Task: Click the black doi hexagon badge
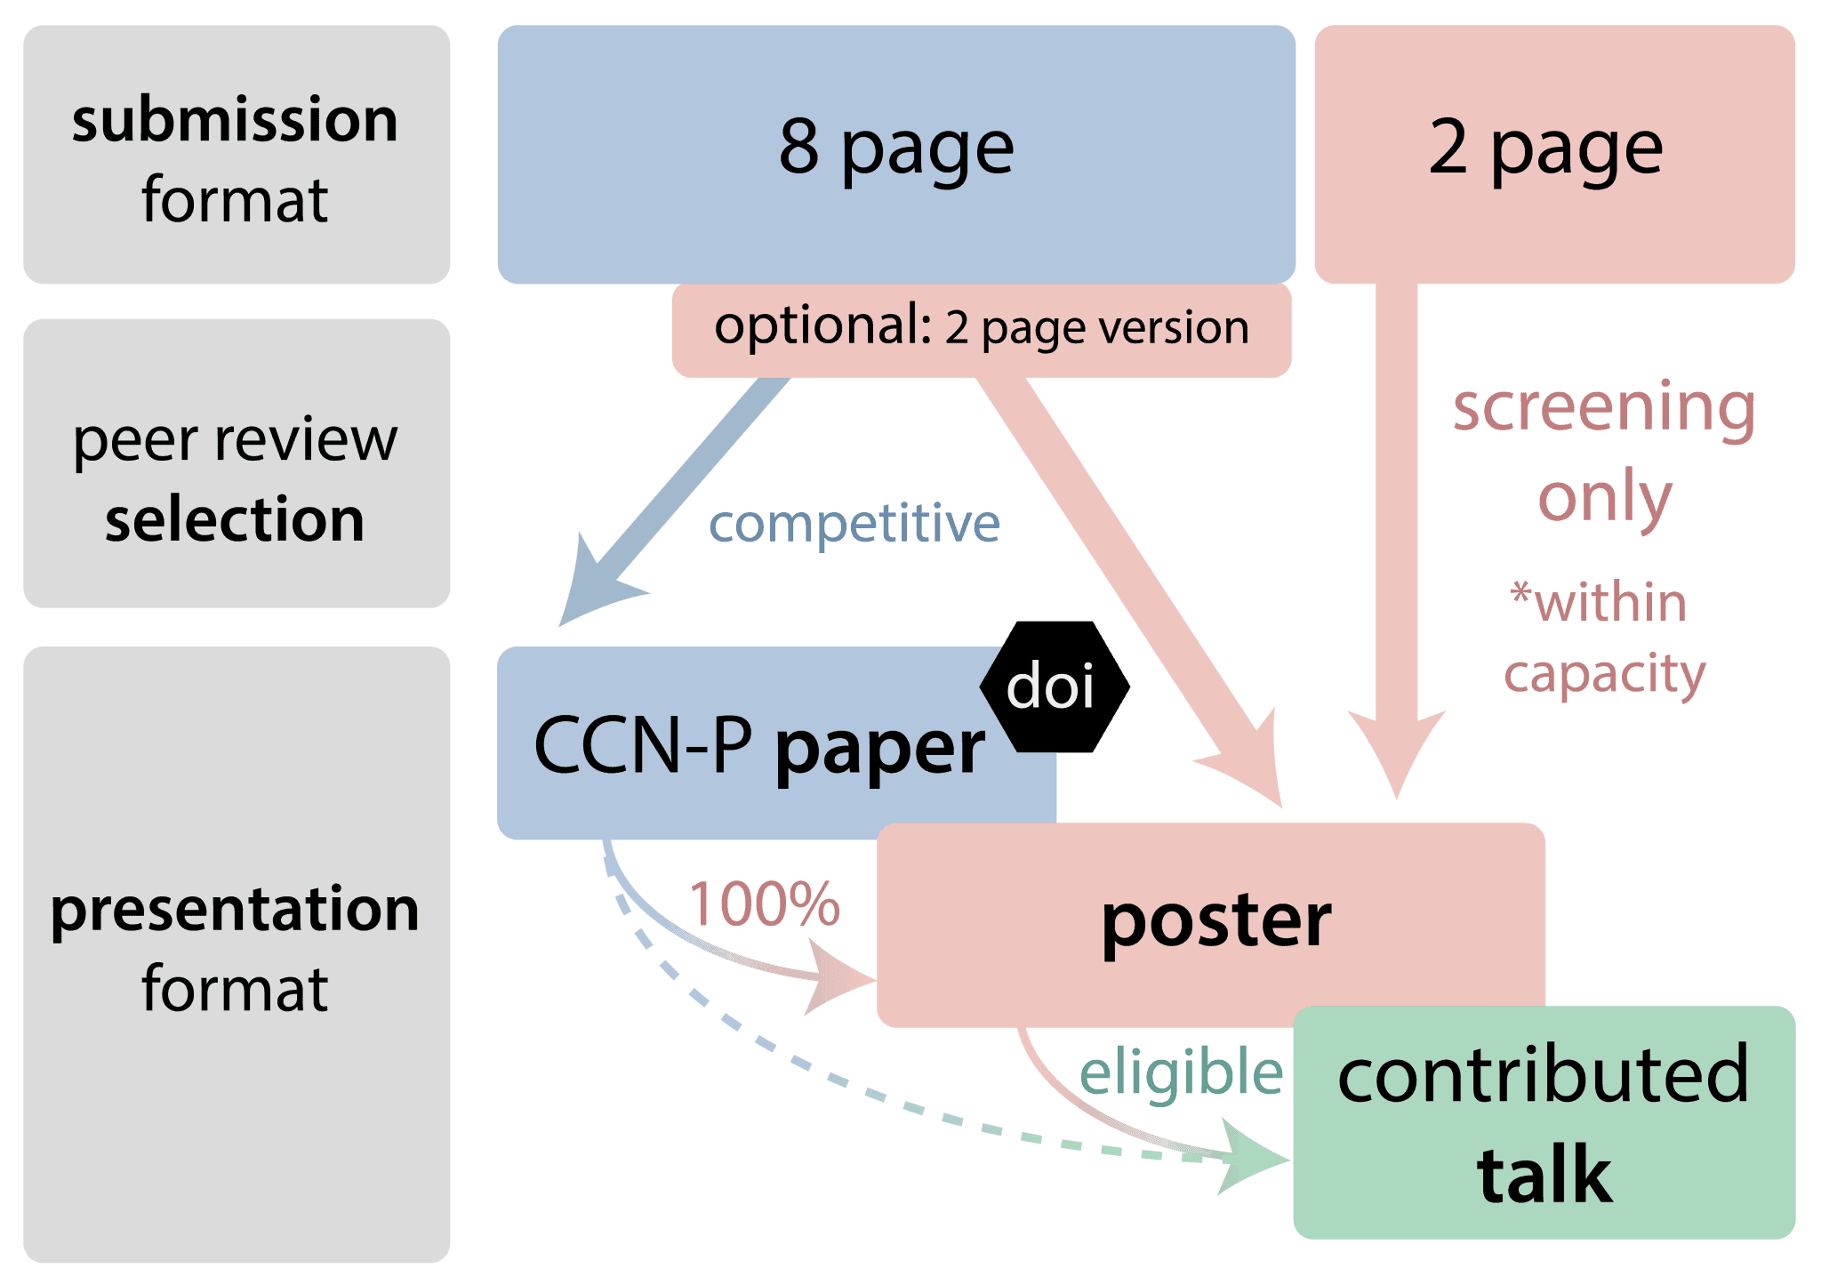coord(1054,687)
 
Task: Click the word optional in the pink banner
coord(822,327)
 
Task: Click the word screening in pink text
coord(1604,407)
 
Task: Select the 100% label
coord(764,904)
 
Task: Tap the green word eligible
coord(1181,1072)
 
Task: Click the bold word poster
coord(1215,921)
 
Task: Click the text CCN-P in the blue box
coord(642,745)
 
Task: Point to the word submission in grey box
coord(235,121)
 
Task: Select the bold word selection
coord(235,519)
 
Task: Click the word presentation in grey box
coord(235,910)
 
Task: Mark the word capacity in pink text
coord(1604,674)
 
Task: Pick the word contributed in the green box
coord(1544,1075)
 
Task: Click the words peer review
coord(235,440)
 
